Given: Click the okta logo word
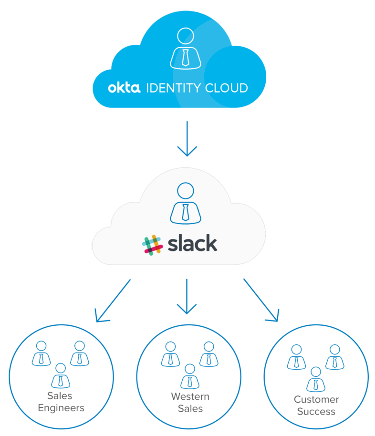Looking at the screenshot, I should click(124, 88).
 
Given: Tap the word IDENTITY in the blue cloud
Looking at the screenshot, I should click(169, 88).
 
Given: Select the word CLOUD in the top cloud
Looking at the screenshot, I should click(224, 88).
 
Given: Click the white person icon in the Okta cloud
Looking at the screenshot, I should click(186, 48).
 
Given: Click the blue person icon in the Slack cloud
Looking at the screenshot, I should click(186, 203).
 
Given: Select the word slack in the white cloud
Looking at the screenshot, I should click(192, 243).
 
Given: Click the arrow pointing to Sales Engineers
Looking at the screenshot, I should click(113, 301).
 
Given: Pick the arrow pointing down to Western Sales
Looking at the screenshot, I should click(187, 297).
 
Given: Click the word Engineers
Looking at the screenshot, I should click(61, 408).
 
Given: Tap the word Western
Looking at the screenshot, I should click(190, 397).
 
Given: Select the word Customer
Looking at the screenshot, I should click(316, 400).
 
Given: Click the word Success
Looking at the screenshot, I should click(316, 411).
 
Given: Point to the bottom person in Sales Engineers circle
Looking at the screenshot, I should click(61, 375).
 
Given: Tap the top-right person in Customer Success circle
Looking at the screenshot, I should click(335, 357).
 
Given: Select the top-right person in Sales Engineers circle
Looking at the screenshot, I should click(80, 353).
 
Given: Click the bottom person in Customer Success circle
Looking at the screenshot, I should click(315, 379).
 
